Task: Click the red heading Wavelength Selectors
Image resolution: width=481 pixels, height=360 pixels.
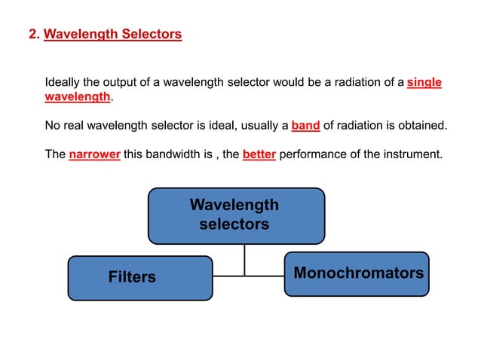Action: click(112, 34)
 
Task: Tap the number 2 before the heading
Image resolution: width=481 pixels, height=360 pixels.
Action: click(32, 34)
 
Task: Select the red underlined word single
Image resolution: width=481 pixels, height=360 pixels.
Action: click(424, 82)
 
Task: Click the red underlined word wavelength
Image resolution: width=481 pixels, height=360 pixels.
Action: click(78, 98)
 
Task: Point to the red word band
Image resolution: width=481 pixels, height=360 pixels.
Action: click(305, 125)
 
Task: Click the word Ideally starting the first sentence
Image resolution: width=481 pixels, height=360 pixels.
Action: click(63, 82)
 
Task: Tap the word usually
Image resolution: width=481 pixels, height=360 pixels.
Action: click(256, 125)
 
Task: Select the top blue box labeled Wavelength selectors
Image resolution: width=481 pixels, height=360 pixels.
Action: click(235, 215)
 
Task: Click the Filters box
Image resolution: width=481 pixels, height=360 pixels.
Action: click(139, 277)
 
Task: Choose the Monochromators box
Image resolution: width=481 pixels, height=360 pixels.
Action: click(357, 273)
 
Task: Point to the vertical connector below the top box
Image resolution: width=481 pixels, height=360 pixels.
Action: click(244, 260)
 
